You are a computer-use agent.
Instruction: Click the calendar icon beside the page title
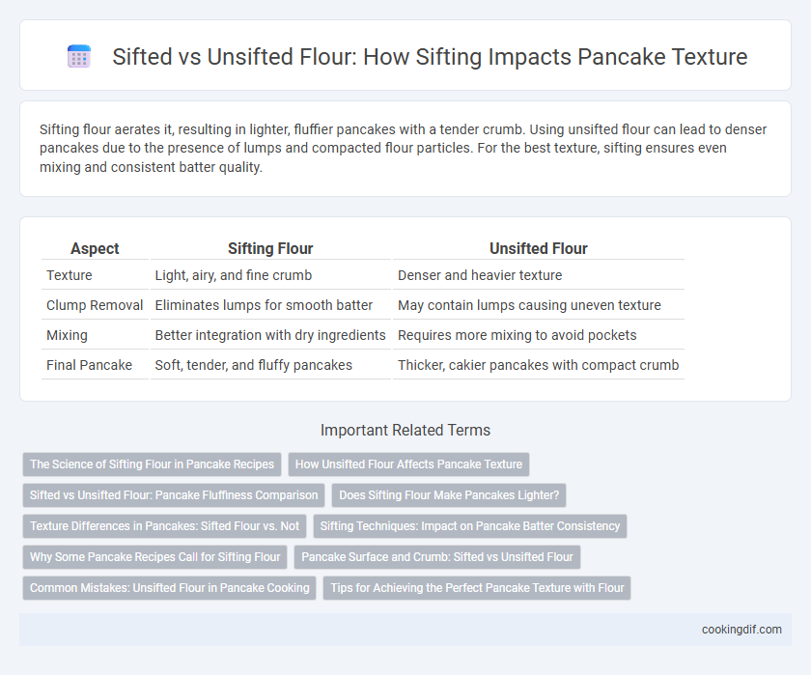click(x=79, y=56)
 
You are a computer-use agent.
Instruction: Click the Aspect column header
click(x=95, y=249)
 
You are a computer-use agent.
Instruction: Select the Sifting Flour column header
click(x=270, y=249)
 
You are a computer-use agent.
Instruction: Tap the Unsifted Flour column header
click(x=539, y=249)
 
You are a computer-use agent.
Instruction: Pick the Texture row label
click(x=70, y=275)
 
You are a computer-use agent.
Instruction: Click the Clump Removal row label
click(x=95, y=305)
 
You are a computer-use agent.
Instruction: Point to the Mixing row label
click(x=67, y=335)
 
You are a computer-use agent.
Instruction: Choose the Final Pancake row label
click(x=89, y=365)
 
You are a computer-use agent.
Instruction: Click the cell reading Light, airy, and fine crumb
click(x=234, y=275)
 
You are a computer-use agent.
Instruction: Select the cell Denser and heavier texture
click(x=480, y=275)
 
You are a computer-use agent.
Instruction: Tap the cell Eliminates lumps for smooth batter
click(x=264, y=305)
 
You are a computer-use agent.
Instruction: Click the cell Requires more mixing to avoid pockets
click(x=517, y=335)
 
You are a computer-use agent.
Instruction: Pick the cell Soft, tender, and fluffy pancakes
click(x=253, y=365)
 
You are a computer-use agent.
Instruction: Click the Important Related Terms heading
click(x=405, y=431)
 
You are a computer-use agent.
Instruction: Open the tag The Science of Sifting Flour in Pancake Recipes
click(x=153, y=464)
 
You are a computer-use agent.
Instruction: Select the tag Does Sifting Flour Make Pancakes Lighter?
click(x=449, y=495)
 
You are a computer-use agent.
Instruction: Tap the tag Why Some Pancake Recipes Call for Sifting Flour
click(x=155, y=557)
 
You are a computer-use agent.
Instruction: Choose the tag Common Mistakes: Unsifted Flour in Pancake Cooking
click(x=170, y=588)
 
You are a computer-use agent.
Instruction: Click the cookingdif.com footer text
click(x=741, y=630)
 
